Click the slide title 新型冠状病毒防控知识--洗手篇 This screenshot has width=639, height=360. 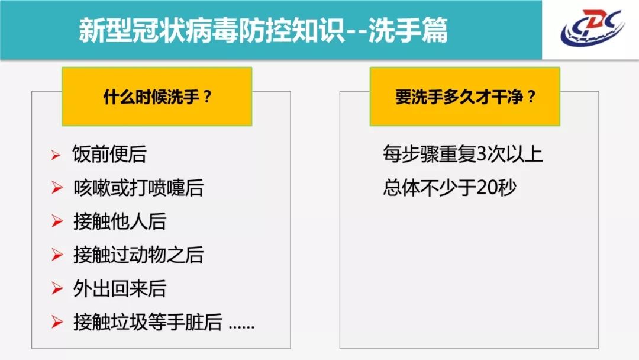tap(263, 30)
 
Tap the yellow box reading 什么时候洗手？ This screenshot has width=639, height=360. tap(157, 97)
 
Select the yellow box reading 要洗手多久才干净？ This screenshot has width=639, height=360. tap(465, 97)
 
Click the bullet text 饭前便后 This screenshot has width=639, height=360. tap(109, 154)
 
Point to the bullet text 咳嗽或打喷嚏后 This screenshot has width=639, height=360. tap(138, 188)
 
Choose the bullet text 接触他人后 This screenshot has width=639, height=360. tap(120, 221)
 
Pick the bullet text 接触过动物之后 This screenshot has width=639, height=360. tap(138, 255)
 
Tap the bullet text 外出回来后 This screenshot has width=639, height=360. tap(120, 289)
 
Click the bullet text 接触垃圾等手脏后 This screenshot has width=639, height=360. tap(147, 322)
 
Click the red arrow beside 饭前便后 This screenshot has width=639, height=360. tap(56, 155)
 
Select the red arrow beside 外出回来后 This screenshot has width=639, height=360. tap(57, 289)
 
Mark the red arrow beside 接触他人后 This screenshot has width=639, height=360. tap(57, 221)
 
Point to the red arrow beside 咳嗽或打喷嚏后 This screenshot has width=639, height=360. tap(57, 188)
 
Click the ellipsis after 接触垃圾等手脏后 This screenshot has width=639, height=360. tap(241, 327)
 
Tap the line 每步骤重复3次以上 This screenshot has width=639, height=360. tap(463, 154)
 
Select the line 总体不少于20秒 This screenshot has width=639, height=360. tap(450, 188)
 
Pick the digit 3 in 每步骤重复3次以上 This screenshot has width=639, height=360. tap(481, 155)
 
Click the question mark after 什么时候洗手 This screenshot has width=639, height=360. tap(207, 97)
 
